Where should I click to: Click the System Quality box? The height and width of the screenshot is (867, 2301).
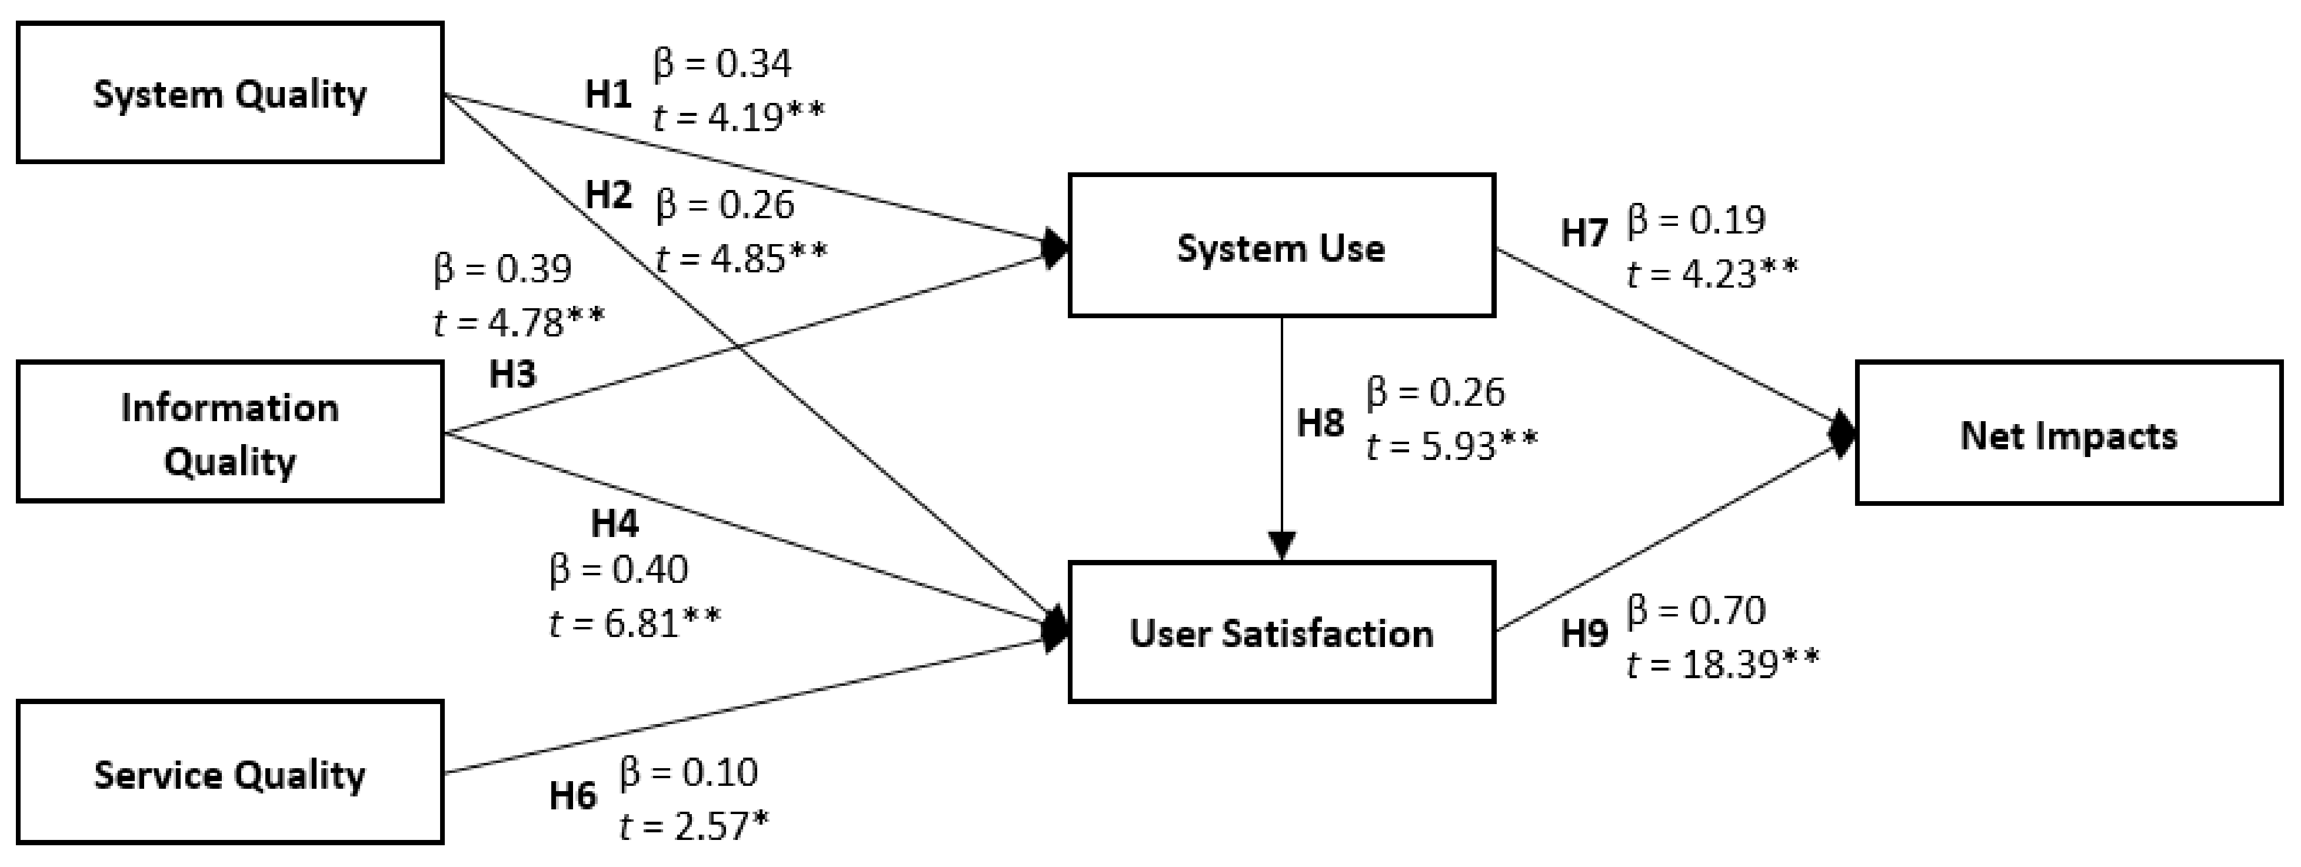pyautogui.click(x=229, y=93)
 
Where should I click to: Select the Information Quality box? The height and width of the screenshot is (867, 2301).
pyautogui.click(x=229, y=432)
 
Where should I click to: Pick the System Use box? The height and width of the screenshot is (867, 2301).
pyautogui.click(x=1281, y=245)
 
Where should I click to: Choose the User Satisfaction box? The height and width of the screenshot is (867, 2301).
pyautogui.click(x=1281, y=632)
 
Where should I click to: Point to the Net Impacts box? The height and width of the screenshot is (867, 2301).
pyautogui.click(x=2069, y=434)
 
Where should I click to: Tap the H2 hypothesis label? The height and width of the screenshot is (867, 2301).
pyautogui.click(x=608, y=195)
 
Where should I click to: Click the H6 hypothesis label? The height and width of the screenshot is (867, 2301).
pyautogui.click(x=572, y=795)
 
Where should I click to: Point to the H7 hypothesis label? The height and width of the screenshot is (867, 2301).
pyautogui.click(x=1584, y=233)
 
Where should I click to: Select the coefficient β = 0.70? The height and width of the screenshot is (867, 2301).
pyautogui.click(x=1696, y=611)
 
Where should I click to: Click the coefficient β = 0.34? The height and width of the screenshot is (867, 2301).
pyautogui.click(x=722, y=64)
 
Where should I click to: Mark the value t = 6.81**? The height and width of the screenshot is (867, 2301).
pyautogui.click(x=634, y=622)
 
